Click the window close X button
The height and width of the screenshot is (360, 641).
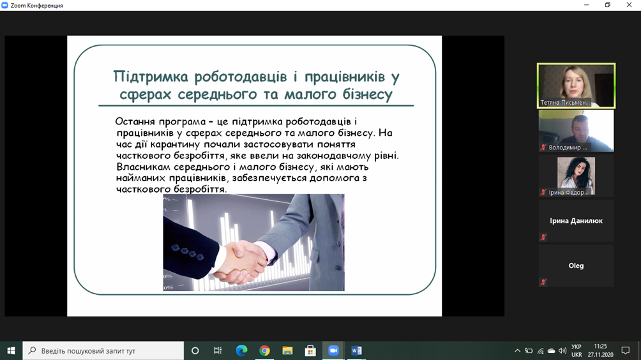click(629, 5)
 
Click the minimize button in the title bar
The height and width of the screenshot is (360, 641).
click(586, 5)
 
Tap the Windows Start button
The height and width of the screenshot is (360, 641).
click(11, 350)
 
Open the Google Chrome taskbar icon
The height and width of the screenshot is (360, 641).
click(264, 350)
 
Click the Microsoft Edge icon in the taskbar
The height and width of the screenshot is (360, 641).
click(241, 350)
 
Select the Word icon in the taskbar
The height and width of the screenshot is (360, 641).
click(356, 350)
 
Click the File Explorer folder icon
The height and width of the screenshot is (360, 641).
click(287, 350)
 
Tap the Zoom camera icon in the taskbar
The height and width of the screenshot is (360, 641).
click(333, 350)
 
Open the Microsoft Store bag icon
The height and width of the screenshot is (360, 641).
click(310, 350)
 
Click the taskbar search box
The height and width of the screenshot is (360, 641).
click(103, 350)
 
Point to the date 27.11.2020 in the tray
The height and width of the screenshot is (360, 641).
click(601, 355)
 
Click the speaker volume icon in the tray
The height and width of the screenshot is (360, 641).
click(562, 350)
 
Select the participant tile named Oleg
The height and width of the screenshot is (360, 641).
click(576, 266)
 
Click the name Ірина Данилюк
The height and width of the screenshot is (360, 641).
click(576, 221)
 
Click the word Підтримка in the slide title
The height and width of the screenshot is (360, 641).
click(151, 77)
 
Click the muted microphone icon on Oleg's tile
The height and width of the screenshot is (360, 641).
click(543, 282)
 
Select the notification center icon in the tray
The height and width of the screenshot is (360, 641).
click(626, 350)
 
